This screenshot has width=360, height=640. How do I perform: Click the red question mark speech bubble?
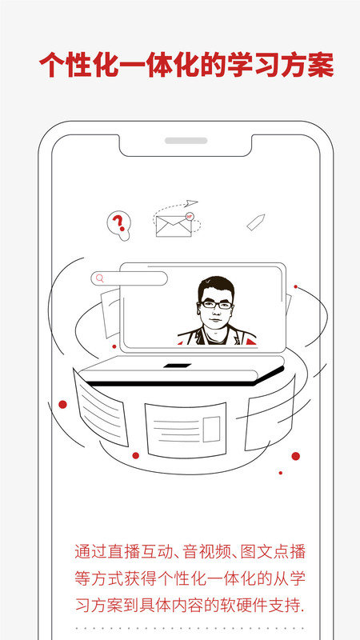118,224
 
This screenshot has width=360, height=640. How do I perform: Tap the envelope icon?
174,226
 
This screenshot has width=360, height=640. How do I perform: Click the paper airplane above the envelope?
190,203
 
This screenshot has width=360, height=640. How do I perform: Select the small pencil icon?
256,222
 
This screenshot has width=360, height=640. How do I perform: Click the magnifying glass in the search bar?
99,278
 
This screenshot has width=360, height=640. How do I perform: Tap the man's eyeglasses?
215,305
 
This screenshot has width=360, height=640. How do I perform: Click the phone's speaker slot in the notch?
186,141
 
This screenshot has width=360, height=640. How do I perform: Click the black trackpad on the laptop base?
177,366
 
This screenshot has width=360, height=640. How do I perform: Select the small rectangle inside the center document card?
211,429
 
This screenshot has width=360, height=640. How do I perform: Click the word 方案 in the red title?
307,65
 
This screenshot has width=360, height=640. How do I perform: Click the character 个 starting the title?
53,65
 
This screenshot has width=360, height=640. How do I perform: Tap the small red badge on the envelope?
189,217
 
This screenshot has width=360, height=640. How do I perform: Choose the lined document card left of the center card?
101,407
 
